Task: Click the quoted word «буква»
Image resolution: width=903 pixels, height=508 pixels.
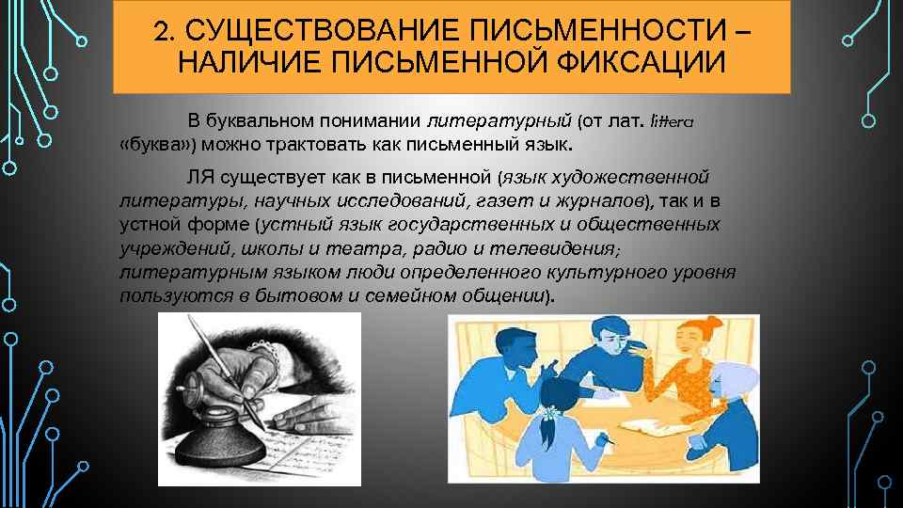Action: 153,147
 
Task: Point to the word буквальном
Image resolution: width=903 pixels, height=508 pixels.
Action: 259,121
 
